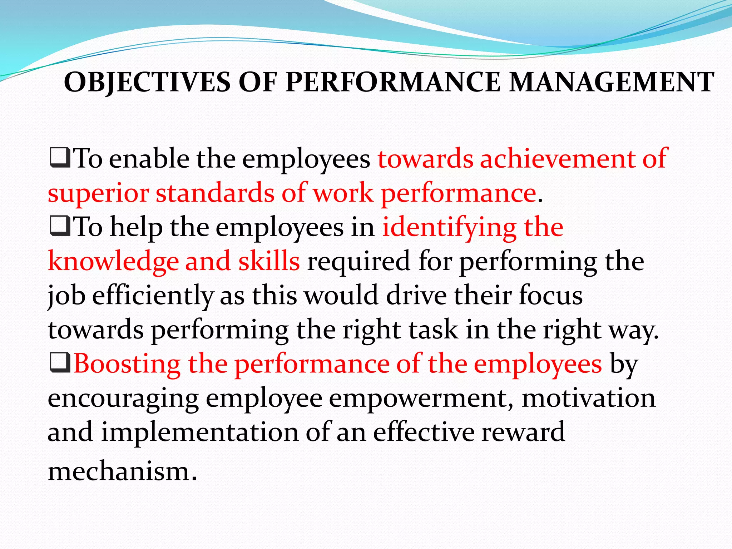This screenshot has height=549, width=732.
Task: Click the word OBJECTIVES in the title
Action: (x=147, y=82)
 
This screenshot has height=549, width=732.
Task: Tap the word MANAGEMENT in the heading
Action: (x=612, y=82)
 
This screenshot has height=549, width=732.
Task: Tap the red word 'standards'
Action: (x=214, y=193)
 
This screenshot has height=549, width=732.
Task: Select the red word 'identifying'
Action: (x=449, y=228)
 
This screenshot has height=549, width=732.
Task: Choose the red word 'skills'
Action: (x=269, y=261)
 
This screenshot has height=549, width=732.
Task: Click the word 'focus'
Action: (x=551, y=296)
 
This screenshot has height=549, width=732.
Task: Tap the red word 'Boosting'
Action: (x=127, y=365)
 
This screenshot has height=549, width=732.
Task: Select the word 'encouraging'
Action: (x=123, y=399)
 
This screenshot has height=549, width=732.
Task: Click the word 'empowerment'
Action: (x=421, y=399)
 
